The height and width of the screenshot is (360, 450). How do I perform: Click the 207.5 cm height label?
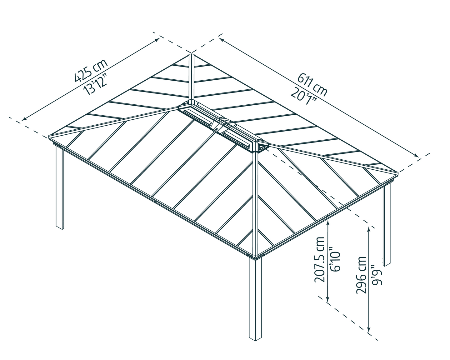pos(320,260)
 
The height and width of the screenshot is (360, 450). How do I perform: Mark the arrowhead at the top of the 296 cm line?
pos(369,229)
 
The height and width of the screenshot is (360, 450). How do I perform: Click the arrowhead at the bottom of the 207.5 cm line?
pos(327,300)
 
